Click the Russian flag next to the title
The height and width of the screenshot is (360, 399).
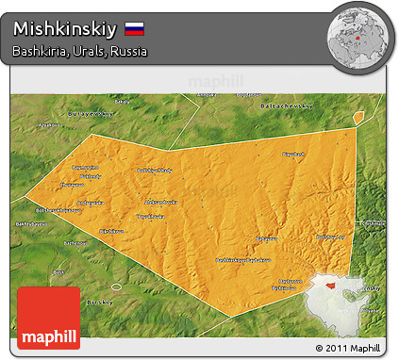[134, 28]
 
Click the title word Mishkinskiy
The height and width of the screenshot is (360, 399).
[66, 28]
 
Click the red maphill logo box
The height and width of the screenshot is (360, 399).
[49, 318]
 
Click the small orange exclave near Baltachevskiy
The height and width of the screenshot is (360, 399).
[358, 117]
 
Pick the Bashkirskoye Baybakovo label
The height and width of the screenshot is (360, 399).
[243, 260]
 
